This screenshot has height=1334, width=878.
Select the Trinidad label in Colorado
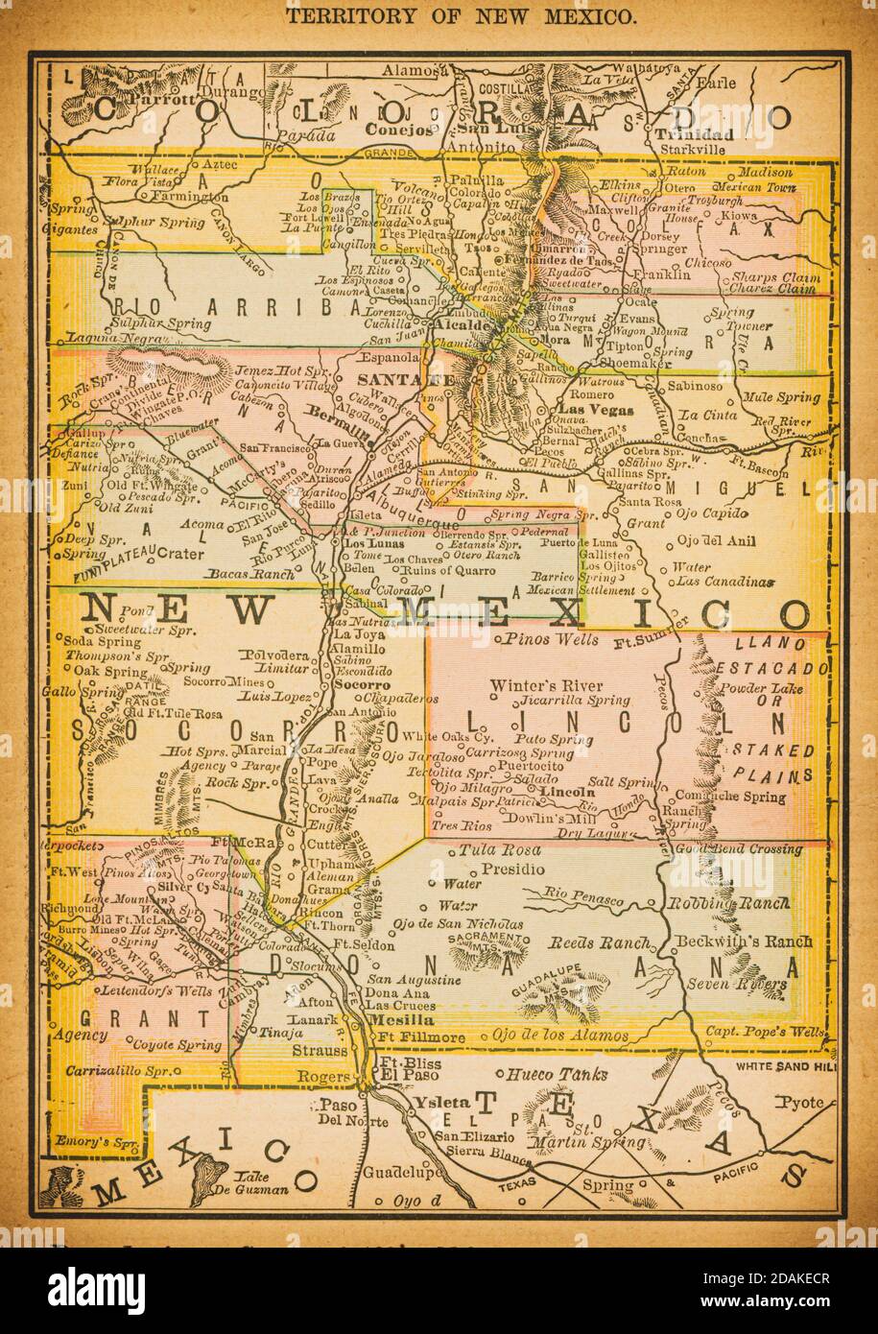695,134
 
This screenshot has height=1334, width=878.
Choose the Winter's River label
546,685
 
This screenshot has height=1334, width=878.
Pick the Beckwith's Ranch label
743,941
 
